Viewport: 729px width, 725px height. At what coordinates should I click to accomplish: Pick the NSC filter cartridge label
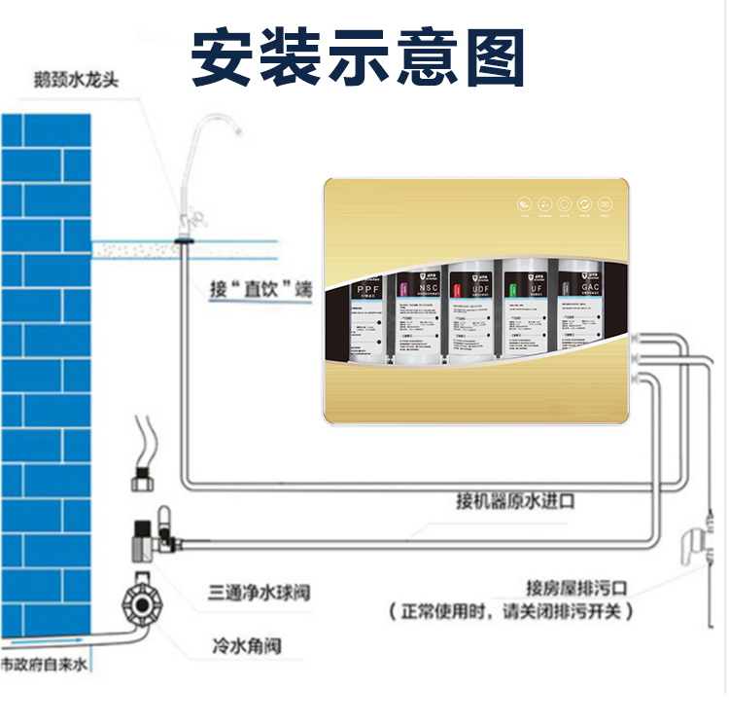pyautogui.click(x=426, y=289)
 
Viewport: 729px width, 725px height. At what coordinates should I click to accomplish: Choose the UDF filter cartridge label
pyautogui.click(x=476, y=289)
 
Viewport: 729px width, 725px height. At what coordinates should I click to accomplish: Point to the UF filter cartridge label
pyautogui.click(x=532, y=289)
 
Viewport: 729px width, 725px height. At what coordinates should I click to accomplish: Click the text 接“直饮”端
pyautogui.click(x=261, y=289)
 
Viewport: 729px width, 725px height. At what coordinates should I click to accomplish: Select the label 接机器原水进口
pyautogui.click(x=515, y=502)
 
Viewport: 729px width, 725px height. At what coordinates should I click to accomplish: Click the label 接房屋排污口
pyautogui.click(x=577, y=589)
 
